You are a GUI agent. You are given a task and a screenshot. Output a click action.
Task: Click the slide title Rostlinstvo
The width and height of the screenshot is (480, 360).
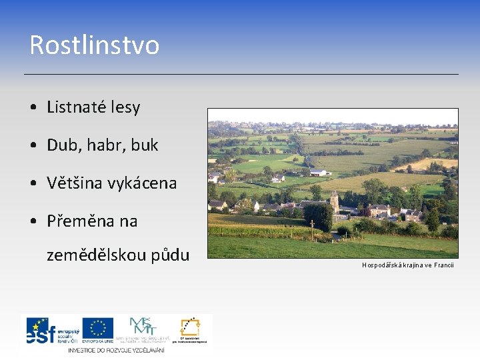pos(94,45)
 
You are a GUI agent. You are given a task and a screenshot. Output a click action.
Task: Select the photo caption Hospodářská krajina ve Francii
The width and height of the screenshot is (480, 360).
pos(407,265)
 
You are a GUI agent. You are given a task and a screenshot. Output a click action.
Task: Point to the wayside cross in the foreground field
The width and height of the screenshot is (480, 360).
pos(311,227)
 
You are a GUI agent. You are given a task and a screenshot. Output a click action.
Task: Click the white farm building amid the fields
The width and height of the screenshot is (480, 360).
pos(319,173)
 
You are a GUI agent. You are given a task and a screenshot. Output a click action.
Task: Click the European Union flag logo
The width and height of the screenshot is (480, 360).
pos(98,328)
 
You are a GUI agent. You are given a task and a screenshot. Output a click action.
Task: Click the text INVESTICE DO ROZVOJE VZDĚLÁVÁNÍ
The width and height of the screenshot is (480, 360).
pos(115,350)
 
